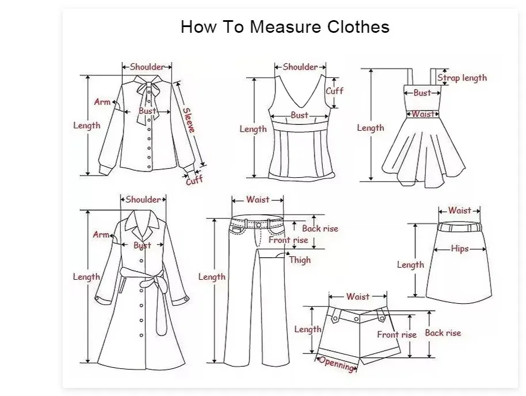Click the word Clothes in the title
coord(359,26)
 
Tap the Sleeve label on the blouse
coord(189,120)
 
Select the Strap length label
coord(462,78)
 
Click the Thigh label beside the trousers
coord(300,260)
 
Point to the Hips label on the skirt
coord(460,248)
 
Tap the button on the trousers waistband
coord(258,224)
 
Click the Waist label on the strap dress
coord(422,114)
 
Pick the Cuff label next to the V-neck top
coord(334,90)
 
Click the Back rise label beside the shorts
coord(443,333)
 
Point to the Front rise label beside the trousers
coord(288,240)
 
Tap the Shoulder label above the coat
coord(143,200)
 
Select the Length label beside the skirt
coord(410,265)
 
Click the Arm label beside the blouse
coord(102,102)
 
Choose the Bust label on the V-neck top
coord(299,116)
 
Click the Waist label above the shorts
coord(357,296)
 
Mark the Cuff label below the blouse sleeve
coord(195,180)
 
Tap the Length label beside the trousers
coord(212,277)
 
